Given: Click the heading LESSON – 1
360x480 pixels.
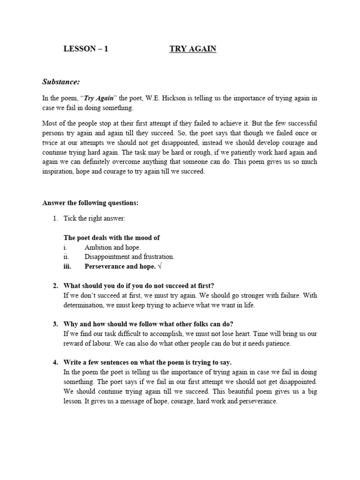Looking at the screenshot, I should [x=85, y=49].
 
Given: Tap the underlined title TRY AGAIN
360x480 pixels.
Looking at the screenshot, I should [x=193, y=49].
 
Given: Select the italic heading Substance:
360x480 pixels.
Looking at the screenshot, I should [x=61, y=82].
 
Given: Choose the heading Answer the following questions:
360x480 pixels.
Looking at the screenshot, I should [x=90, y=203].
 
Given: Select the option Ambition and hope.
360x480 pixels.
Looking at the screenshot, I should [x=112, y=247].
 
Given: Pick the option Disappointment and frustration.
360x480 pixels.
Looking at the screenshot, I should [x=129, y=256].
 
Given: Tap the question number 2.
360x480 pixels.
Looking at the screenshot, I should [x=55, y=286].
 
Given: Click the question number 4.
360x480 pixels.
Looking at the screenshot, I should [x=55, y=363].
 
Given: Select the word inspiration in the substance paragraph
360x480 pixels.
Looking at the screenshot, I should [x=59, y=172].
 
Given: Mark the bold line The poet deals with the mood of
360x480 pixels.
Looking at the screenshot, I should [x=112, y=238].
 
